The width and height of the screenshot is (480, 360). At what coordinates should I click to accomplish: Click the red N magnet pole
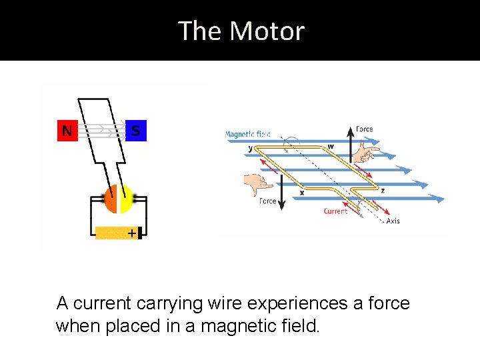tap(67, 131)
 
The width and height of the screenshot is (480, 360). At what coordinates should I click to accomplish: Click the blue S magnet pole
tap(136, 131)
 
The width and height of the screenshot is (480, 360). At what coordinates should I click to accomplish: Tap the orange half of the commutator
tap(111, 199)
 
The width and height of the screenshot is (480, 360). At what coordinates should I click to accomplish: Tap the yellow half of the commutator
tap(125, 199)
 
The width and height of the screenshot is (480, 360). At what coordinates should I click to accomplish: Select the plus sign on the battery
tap(131, 233)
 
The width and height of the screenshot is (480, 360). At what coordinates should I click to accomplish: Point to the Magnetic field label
tap(247, 134)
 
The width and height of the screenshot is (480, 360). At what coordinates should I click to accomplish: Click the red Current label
tap(335, 211)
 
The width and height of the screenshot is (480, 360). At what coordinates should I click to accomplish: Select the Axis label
tap(393, 221)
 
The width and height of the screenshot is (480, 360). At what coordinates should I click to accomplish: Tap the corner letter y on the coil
tap(251, 149)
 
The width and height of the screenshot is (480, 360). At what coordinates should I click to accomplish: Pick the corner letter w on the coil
tap(331, 147)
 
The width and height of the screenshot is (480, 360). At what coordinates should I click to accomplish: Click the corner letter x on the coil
tap(302, 193)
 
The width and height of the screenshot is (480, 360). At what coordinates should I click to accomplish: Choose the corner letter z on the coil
tap(382, 190)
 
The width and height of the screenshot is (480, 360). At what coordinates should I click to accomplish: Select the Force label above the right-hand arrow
tap(365, 129)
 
